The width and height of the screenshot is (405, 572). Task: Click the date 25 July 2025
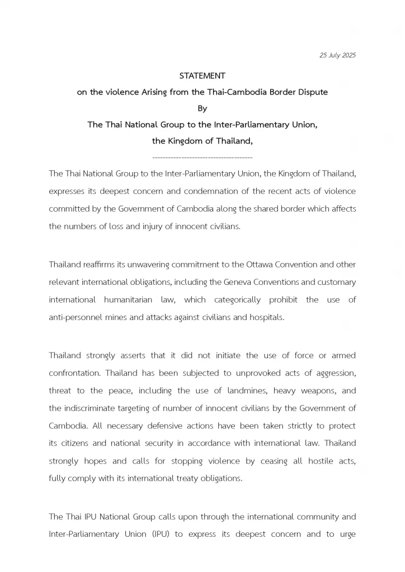(337, 55)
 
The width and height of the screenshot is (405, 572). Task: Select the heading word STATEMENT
(202, 75)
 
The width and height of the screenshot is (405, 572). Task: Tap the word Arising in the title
(168, 92)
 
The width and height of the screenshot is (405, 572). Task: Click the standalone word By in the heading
(202, 108)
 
